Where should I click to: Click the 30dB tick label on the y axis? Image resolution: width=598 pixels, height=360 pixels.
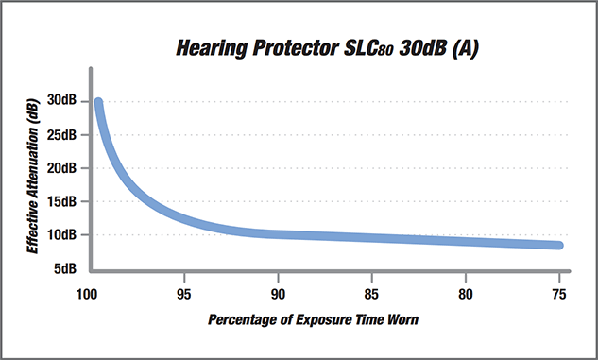(x=63, y=101)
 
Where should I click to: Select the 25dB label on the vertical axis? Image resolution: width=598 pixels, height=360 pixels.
(x=63, y=135)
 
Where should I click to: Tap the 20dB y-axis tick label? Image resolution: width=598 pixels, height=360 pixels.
(x=63, y=168)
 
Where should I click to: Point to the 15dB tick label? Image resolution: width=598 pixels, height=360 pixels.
(x=63, y=202)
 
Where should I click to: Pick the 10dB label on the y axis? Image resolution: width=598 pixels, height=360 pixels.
(x=63, y=235)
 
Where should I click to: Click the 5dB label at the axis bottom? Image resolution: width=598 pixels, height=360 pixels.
(x=66, y=269)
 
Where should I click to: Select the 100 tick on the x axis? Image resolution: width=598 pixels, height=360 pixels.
(x=88, y=293)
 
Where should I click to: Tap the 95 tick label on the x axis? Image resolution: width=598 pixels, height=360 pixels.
(x=185, y=293)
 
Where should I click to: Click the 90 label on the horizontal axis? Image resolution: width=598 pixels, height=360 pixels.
(x=279, y=293)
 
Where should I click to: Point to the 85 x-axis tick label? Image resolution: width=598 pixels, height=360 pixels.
(x=372, y=293)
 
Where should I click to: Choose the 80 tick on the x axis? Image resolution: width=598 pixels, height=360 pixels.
(x=466, y=293)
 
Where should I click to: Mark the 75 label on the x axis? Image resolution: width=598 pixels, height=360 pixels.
(x=559, y=293)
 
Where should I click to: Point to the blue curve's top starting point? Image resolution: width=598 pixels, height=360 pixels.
(x=98, y=102)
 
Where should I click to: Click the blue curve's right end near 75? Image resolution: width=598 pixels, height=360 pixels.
(x=558, y=246)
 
